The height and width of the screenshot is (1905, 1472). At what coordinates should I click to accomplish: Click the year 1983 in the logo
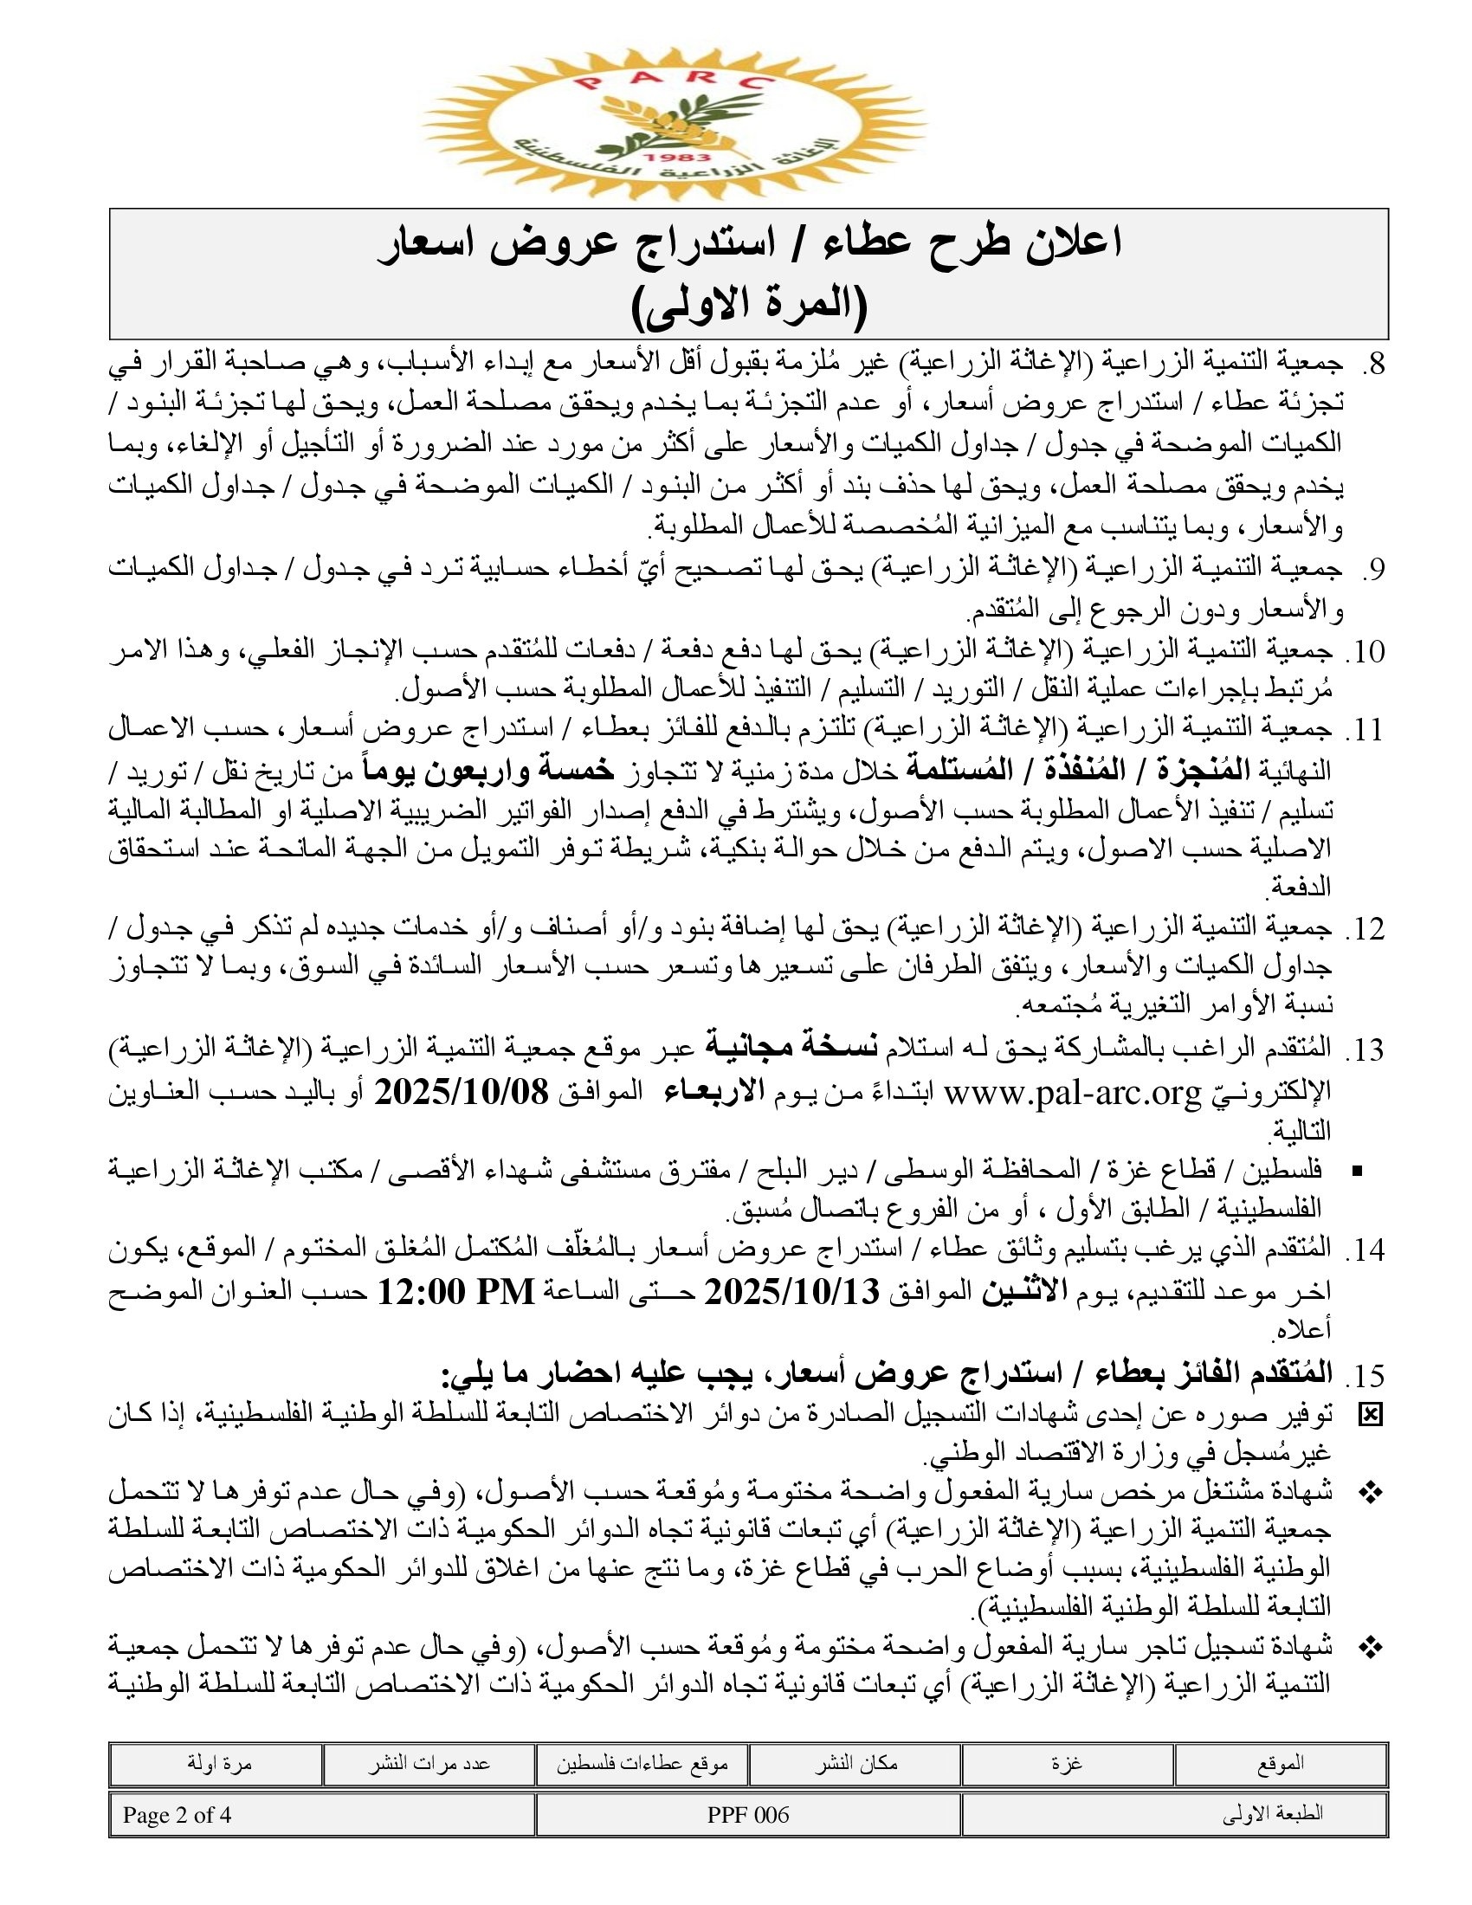click(673, 157)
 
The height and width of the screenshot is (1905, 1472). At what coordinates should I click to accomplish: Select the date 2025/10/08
click(462, 1092)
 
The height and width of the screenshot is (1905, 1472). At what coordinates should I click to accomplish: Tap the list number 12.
click(1366, 930)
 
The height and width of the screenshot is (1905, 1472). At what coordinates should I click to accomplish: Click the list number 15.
click(1366, 1376)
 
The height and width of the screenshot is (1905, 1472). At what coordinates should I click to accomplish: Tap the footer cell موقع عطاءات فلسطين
click(642, 1764)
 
